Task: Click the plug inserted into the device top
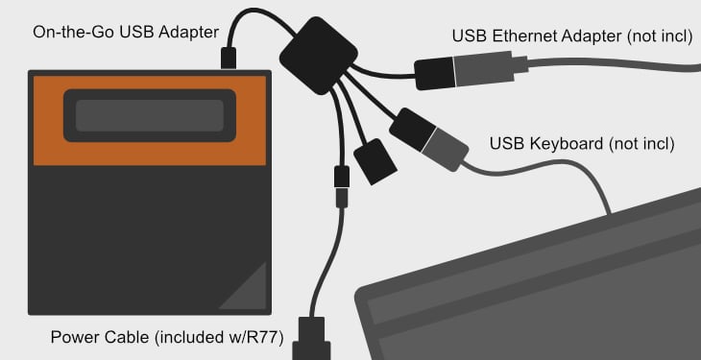[229, 58]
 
